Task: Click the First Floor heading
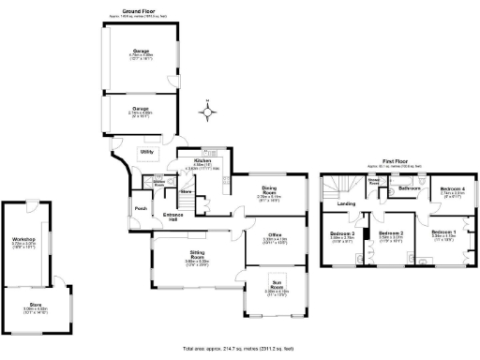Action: (x=386, y=161)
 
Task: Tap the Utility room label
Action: (x=147, y=151)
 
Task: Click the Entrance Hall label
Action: (x=173, y=217)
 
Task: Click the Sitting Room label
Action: (x=196, y=256)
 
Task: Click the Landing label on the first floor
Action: (x=346, y=203)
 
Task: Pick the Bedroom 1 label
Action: (x=444, y=232)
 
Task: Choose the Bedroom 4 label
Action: (x=453, y=189)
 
